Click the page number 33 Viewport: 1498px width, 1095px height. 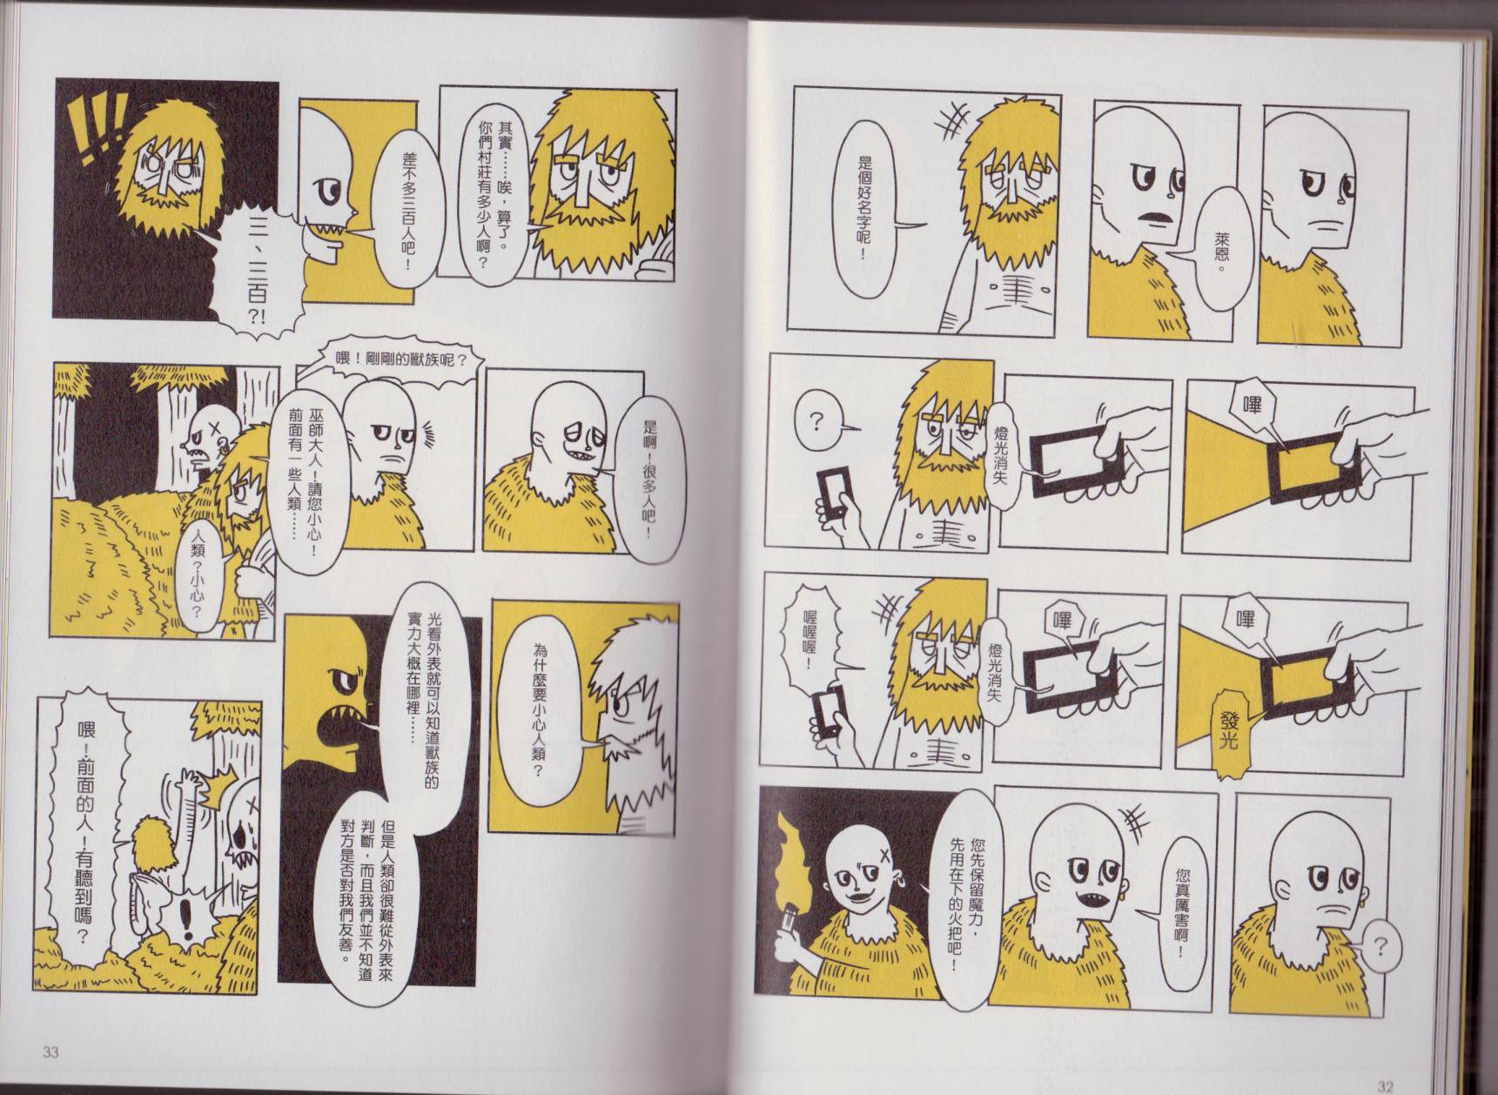click(50, 1052)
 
